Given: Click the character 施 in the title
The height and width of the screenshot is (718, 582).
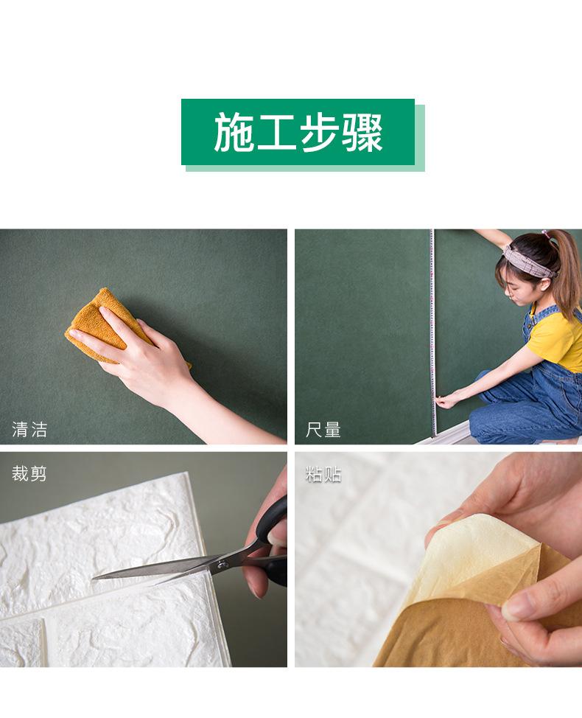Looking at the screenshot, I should (234, 133).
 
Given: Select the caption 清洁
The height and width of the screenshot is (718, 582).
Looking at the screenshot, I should (29, 429).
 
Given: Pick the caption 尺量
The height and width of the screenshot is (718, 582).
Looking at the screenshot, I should (323, 429).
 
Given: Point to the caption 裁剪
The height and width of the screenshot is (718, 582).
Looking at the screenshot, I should (29, 473).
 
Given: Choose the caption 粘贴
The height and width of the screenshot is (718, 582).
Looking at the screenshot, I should (323, 474).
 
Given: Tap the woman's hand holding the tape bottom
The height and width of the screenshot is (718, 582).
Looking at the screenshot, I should (446, 400).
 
